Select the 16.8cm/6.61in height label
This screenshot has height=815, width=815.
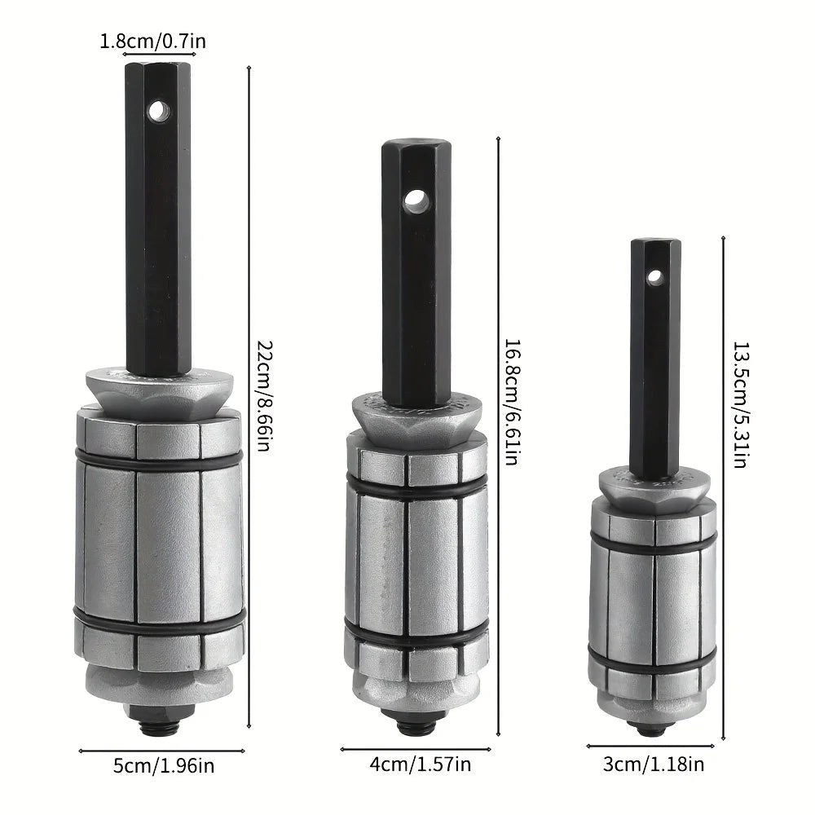pyautogui.click(x=511, y=402)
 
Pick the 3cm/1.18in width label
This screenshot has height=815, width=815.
pyautogui.click(x=651, y=764)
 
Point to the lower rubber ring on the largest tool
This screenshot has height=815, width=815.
pyautogui.click(x=159, y=622)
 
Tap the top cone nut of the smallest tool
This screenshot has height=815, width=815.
pyautogui.click(x=654, y=490)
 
